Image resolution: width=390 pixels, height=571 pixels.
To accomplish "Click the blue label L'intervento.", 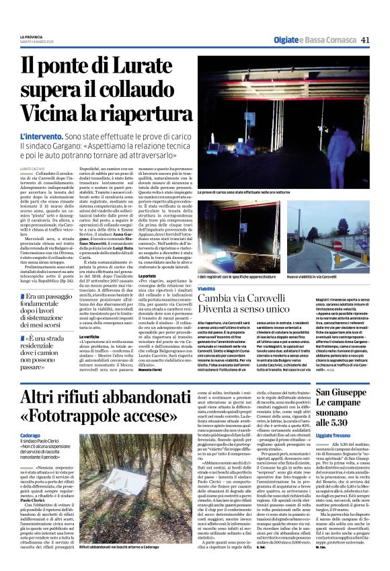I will coord(42,137).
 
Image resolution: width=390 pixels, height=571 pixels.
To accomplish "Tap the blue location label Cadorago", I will coord(32,435).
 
